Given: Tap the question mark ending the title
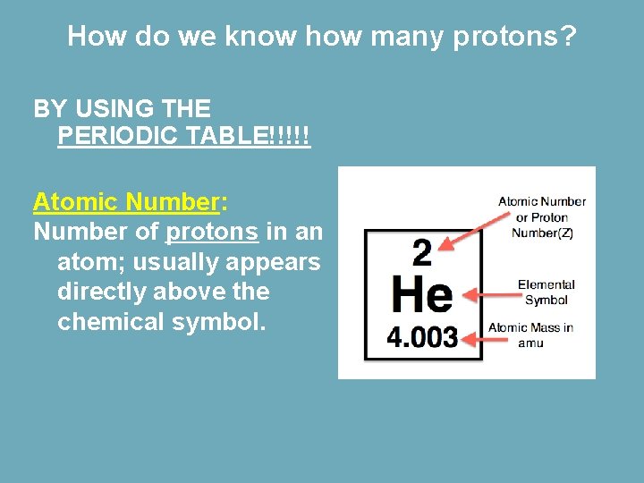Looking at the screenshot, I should (569, 37).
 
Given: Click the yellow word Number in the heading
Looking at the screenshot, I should (172, 202).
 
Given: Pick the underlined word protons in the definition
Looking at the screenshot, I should (213, 232).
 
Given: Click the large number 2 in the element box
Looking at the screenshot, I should (421, 254).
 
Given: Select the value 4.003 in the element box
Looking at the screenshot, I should (422, 337).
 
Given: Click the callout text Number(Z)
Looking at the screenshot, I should (542, 233).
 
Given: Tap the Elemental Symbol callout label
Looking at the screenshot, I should (546, 292).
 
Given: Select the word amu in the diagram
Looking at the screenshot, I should (530, 343).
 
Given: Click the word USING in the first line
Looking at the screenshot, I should (114, 109).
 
